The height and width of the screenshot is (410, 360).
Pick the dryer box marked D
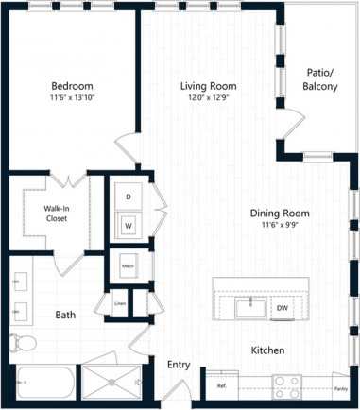pos(129,197)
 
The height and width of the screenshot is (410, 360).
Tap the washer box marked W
pos(129,226)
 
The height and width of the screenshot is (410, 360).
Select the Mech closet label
pos(127,266)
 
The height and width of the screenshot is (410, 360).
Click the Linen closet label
pos(120,303)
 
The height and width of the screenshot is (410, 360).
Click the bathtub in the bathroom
pos(43,384)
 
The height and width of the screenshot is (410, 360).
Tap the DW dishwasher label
pos(282,308)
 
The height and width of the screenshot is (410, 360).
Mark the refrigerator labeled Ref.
pos(222,386)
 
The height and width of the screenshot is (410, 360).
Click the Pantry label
pos(339,387)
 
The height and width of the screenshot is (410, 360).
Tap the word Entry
pos(178,365)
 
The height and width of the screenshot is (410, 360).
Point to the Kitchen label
pos(267,350)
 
